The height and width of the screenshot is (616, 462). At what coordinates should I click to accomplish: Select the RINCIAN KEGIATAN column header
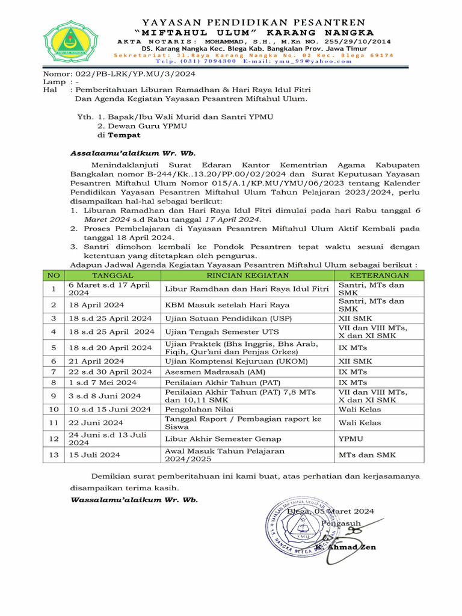click(248, 276)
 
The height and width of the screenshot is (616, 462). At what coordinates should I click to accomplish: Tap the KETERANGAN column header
click(379, 276)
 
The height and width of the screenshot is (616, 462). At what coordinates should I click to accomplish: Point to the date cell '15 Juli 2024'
click(95, 455)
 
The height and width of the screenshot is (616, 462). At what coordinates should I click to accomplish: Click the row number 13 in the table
click(54, 455)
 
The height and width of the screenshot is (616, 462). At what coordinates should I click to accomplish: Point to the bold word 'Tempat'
click(124, 135)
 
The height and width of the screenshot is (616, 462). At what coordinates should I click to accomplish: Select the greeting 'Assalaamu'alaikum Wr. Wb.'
click(133, 153)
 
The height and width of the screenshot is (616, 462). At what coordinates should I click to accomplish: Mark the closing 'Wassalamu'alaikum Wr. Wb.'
click(134, 500)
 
